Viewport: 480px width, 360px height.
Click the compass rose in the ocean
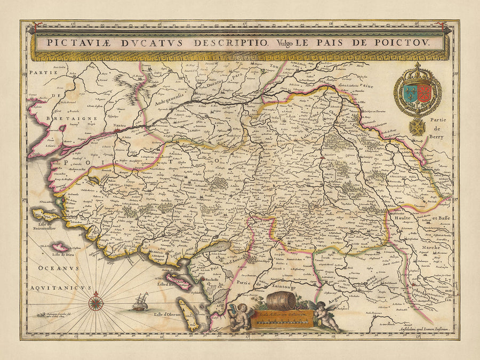tap(96, 303)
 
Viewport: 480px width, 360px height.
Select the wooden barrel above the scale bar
tap(281, 300)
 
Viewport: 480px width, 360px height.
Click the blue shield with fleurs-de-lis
tap(410, 90)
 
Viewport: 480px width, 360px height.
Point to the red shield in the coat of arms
tap(425, 90)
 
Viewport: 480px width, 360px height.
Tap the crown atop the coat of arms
tap(418, 70)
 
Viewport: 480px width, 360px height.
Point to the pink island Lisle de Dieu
tap(60, 247)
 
